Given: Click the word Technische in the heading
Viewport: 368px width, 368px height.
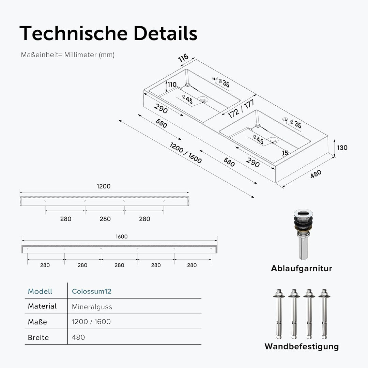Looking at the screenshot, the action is click(74, 33).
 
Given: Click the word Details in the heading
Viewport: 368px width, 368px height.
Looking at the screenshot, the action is click(166, 33).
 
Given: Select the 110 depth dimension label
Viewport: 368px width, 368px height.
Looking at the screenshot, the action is click(172, 85).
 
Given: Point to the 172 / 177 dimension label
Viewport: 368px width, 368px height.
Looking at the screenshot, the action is click(241, 109).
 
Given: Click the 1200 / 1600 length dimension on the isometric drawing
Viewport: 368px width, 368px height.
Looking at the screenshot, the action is click(186, 153).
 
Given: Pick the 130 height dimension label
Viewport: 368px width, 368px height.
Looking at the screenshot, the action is click(342, 148).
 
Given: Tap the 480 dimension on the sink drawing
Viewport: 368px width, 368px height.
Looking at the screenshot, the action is click(316, 174).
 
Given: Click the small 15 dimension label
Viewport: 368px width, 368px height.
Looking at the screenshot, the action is click(285, 153).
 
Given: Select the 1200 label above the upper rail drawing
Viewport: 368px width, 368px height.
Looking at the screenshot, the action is click(104, 186).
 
